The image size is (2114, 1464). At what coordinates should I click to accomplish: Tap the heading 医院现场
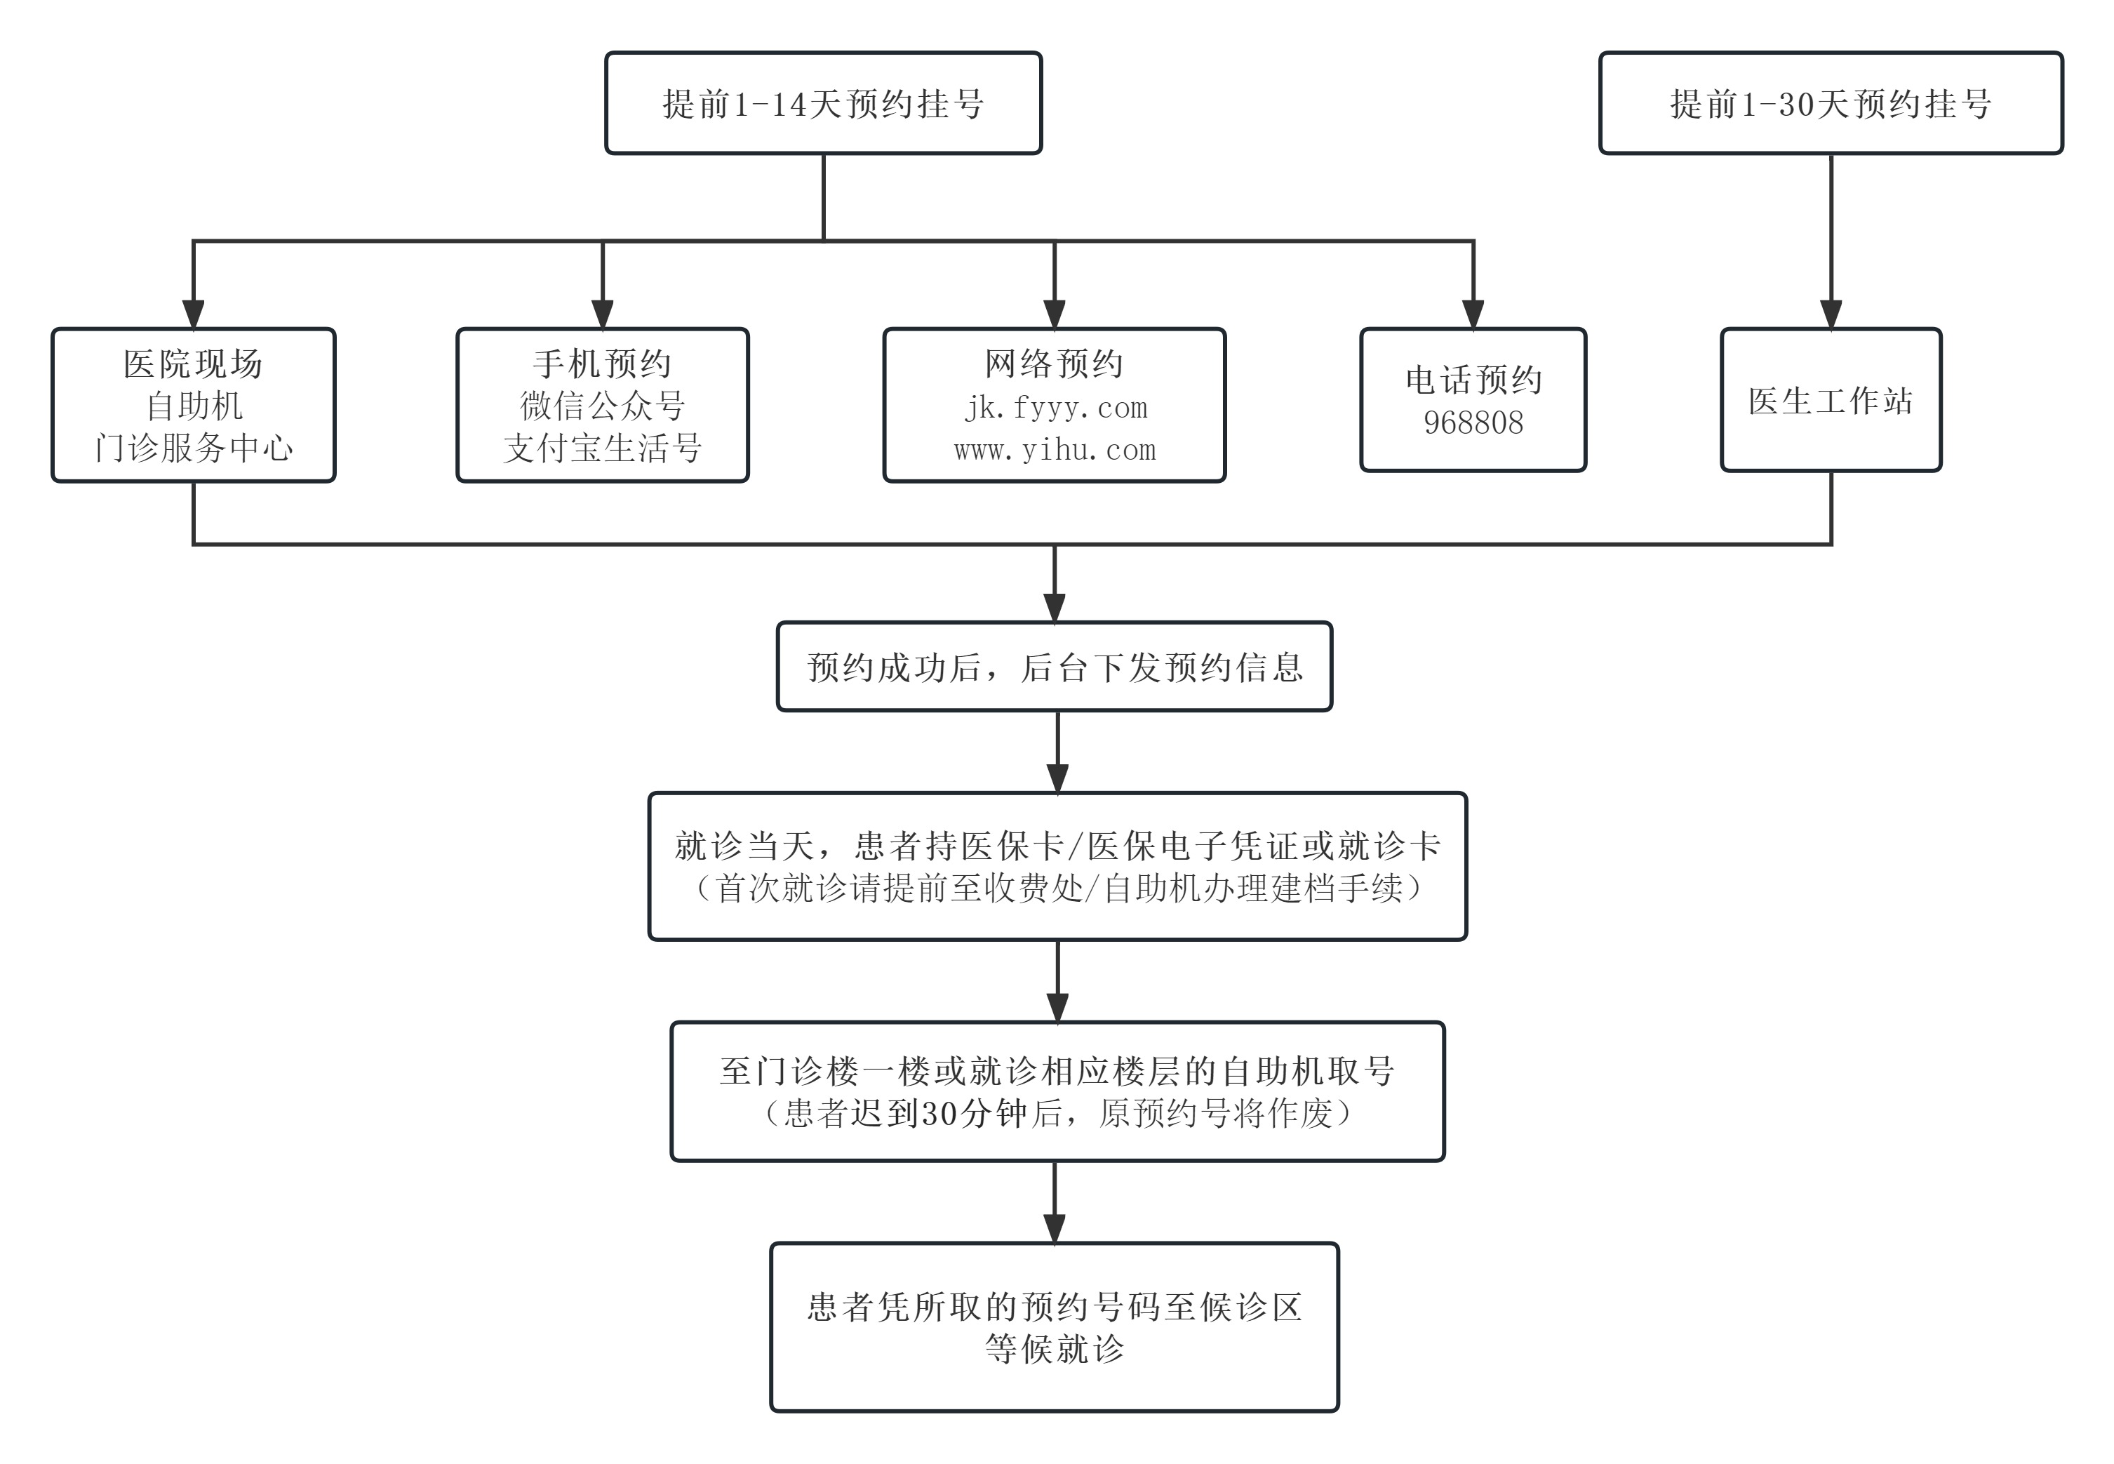(x=194, y=364)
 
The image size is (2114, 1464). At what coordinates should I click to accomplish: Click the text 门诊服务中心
(x=194, y=448)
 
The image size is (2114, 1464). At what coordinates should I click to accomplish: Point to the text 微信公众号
(x=603, y=406)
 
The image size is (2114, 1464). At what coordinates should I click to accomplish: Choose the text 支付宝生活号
(x=603, y=448)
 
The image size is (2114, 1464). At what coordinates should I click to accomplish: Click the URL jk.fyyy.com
(x=1055, y=407)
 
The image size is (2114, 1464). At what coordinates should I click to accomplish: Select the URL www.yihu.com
(x=1055, y=449)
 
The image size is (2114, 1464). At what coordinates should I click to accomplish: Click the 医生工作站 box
(x=1831, y=401)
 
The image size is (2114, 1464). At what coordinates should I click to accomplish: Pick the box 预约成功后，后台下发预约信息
(x=1055, y=667)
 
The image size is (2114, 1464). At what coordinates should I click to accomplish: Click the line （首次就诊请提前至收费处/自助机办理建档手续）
(x=1058, y=888)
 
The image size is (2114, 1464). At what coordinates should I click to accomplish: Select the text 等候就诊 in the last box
(x=1055, y=1348)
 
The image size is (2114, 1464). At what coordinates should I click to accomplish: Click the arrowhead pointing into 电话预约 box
(x=1473, y=314)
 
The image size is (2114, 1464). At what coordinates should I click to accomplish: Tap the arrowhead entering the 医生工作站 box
(x=1831, y=314)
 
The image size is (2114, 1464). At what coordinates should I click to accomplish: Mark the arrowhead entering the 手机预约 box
(x=603, y=314)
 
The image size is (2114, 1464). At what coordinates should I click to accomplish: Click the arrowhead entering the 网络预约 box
(x=1055, y=314)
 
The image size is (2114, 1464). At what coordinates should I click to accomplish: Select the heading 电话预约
(x=1473, y=380)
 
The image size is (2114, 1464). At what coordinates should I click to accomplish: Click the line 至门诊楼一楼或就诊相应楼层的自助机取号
(x=1057, y=1070)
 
